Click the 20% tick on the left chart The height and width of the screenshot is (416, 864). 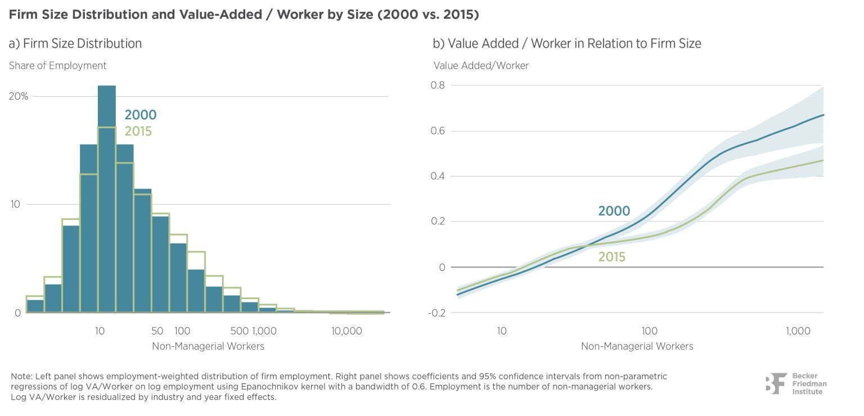point(19,96)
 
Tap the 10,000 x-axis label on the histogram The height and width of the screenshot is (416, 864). point(346,331)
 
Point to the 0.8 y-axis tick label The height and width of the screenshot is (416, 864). point(438,85)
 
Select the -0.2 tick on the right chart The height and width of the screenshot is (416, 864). point(436,313)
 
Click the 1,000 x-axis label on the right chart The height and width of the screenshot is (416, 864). point(798,331)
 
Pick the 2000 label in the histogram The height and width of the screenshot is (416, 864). point(141,115)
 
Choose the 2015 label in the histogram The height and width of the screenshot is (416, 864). point(138,132)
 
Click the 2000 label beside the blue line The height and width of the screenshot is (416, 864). point(614,211)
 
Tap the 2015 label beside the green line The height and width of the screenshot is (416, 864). point(612,257)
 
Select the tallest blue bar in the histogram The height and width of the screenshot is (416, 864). point(107,199)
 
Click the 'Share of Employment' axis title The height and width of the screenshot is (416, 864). point(57,66)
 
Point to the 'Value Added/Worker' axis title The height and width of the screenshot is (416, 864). point(481,66)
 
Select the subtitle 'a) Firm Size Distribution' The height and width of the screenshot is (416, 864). point(75,43)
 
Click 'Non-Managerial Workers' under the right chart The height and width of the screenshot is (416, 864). point(637,346)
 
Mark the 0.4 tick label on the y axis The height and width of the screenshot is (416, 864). point(438,176)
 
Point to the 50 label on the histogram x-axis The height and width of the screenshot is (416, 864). point(157,331)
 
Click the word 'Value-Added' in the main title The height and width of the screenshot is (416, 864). point(220,15)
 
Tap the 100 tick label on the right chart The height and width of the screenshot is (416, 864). point(650,331)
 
